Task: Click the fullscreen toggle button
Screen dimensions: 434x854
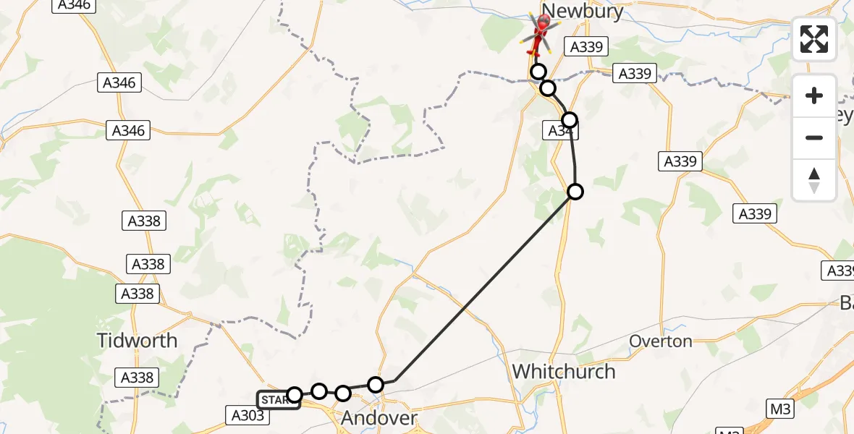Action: point(814,39)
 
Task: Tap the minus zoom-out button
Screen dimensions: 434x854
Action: point(814,137)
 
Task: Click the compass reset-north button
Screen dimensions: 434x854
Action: point(814,179)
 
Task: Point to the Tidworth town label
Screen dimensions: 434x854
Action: point(138,340)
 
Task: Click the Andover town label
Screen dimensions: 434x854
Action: point(379,418)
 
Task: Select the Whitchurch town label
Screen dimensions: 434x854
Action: point(564,372)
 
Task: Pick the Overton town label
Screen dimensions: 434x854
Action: point(661,341)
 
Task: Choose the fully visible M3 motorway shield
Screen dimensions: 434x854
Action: point(780,409)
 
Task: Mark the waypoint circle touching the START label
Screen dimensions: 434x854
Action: point(295,394)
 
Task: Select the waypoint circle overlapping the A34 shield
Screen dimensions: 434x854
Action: point(570,119)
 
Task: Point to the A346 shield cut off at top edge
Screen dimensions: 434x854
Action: point(74,4)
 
